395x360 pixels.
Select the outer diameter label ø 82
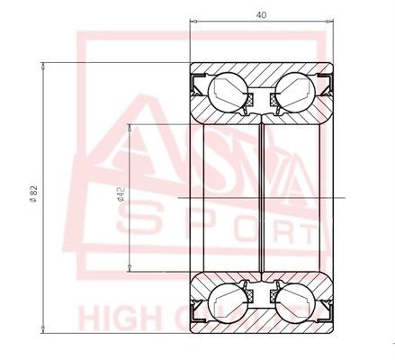point(33,193)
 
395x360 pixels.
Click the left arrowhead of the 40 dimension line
point(194,25)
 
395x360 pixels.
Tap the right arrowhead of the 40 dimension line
point(331,25)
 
